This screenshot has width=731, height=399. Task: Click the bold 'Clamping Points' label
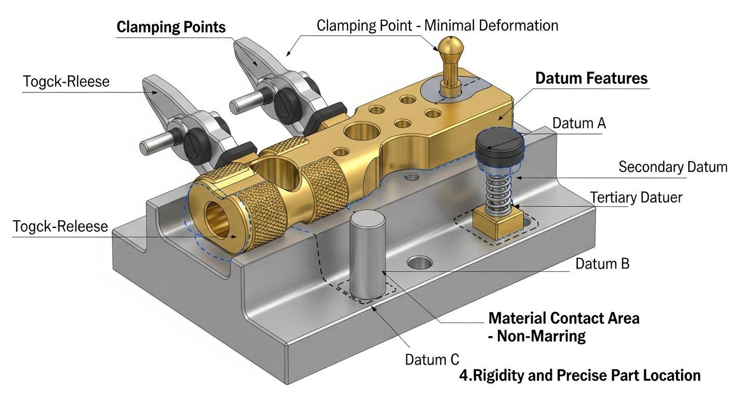tap(171, 28)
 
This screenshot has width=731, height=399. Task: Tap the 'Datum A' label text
tap(579, 124)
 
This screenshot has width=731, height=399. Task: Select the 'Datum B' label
tap(602, 263)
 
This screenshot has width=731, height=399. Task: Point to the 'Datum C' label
tap(432, 359)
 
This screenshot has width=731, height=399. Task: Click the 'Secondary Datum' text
tap(673, 167)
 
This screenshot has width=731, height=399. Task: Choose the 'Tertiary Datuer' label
tap(636, 197)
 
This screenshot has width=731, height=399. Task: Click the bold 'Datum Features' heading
tap(591, 78)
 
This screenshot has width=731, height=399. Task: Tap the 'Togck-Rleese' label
tap(66, 82)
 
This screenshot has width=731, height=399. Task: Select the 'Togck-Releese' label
tap(61, 227)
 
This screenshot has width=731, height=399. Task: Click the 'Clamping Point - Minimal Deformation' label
tap(438, 25)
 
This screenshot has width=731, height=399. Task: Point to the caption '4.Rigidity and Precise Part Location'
tap(580, 375)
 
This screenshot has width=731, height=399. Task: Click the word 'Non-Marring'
tap(541, 336)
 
